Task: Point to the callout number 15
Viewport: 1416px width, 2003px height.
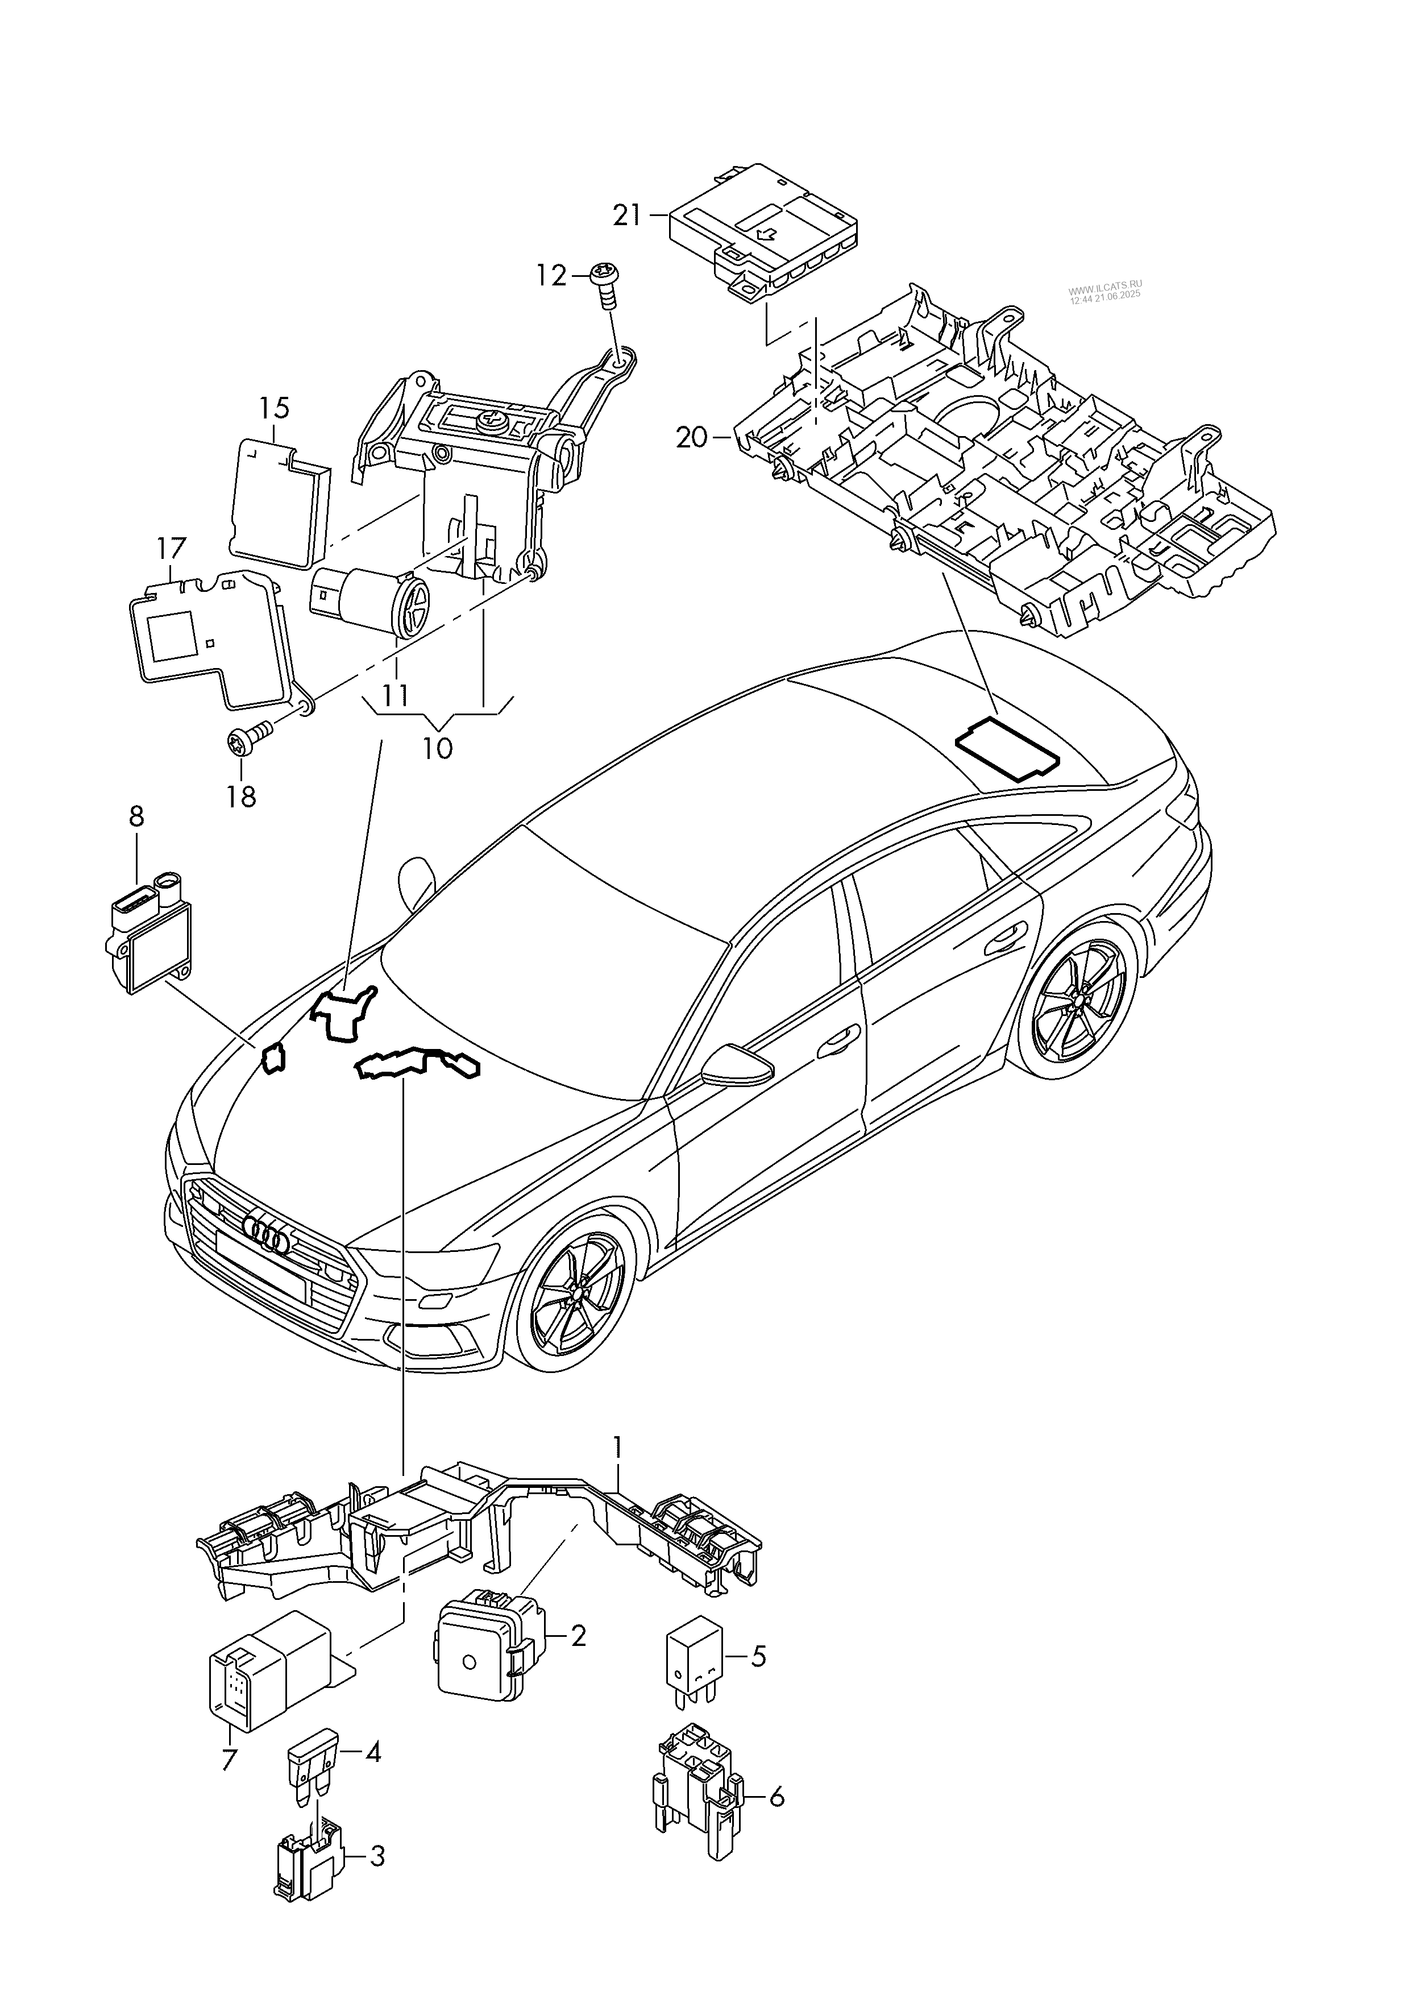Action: tap(274, 408)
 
